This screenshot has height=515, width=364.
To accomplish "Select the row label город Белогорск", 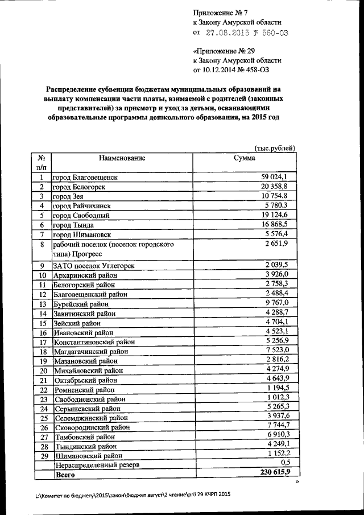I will pyautogui.click(x=79, y=187).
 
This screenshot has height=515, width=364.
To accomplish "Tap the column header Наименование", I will pyautogui.click(x=122, y=158).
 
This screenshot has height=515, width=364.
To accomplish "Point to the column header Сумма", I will pyautogui.click(x=244, y=158).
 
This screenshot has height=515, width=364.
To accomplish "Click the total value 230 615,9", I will pyautogui.click(x=275, y=473).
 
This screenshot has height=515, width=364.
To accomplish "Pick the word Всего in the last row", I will pyautogui.click(x=65, y=473).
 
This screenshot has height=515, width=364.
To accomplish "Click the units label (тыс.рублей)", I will pyautogui.click(x=275, y=148).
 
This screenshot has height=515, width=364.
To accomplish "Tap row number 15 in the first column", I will pyautogui.click(x=42, y=323).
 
